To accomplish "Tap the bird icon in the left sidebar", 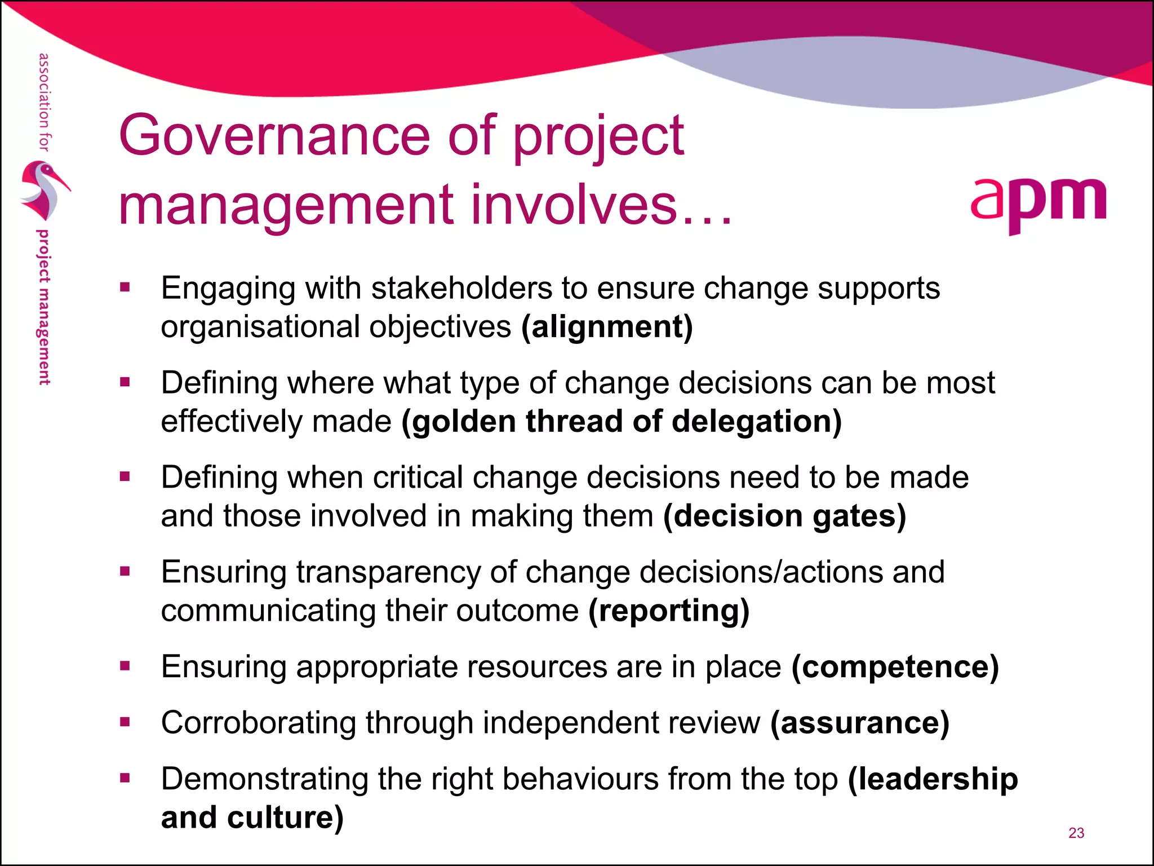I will (x=44, y=191).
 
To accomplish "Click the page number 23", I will (x=1076, y=833).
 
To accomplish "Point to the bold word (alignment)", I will (x=607, y=327).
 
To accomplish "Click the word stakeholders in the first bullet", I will (x=461, y=288).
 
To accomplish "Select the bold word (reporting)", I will (x=669, y=611).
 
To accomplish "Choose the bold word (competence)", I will (x=895, y=667).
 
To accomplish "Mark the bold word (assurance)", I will (x=859, y=723).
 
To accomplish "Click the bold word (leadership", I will (x=933, y=779).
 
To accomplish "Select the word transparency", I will (x=388, y=572).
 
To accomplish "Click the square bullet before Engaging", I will (x=125, y=288).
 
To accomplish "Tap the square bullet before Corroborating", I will (x=125, y=722).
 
